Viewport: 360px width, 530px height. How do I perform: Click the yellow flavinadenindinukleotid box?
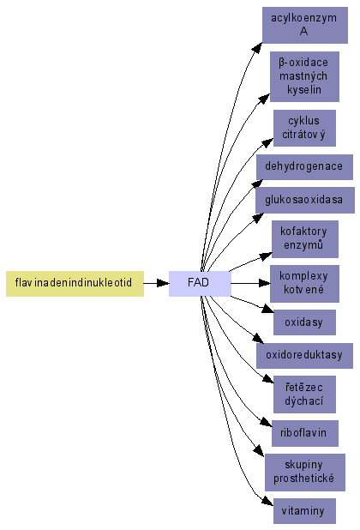(75, 284)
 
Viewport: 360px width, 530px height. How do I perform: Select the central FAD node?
(200, 284)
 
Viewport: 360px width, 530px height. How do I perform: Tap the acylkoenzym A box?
(305, 25)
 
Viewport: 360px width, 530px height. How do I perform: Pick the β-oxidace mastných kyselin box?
(304, 76)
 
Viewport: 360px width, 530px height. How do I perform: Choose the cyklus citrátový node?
(304, 128)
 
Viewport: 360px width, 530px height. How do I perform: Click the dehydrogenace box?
(304, 167)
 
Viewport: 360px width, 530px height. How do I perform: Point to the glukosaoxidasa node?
(305, 200)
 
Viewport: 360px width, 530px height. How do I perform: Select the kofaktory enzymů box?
(305, 239)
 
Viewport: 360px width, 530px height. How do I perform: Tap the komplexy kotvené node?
(304, 284)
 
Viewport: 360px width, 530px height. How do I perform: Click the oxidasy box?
(304, 322)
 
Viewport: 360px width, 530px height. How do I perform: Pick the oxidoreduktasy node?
(304, 356)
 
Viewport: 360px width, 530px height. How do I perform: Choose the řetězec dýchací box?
(304, 394)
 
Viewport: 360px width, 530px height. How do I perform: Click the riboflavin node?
(305, 434)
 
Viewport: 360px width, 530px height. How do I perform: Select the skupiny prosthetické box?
(305, 473)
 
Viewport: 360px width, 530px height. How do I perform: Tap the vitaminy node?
(304, 511)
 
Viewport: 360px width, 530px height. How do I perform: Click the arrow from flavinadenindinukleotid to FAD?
(156, 283)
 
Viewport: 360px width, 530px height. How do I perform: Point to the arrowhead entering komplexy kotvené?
(264, 283)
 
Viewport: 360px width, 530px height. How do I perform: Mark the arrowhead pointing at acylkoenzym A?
(258, 48)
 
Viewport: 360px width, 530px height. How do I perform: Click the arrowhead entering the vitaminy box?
(268, 502)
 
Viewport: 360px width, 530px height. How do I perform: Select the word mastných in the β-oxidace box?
(303, 76)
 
